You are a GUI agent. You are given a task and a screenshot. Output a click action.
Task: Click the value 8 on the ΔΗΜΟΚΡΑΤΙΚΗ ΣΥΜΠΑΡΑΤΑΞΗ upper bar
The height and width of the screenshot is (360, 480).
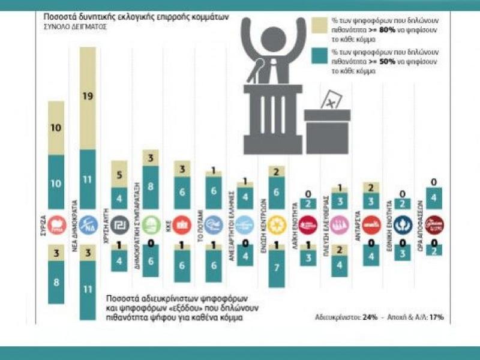point(151,187)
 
